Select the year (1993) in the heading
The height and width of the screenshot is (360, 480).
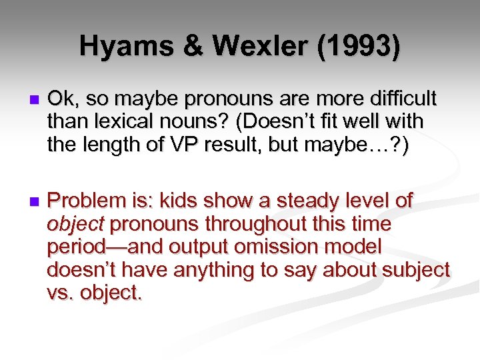pyautogui.click(x=361, y=47)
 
